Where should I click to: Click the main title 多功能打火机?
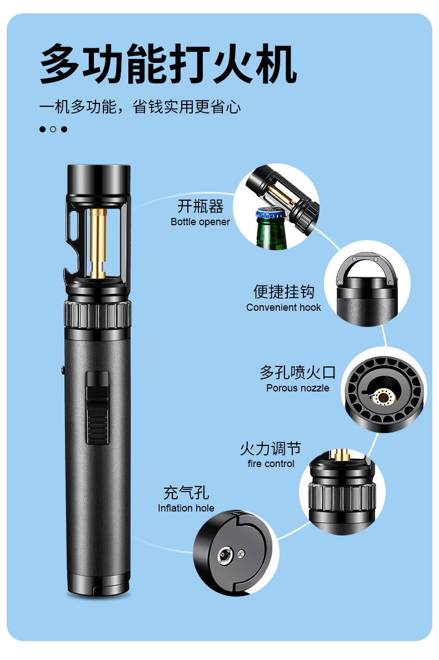(x=168, y=64)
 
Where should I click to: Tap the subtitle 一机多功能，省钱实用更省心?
(x=140, y=107)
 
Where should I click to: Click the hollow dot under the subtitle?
(x=53, y=129)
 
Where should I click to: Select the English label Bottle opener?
(x=200, y=222)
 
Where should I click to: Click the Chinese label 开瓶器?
(x=201, y=206)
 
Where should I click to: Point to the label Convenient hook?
(x=283, y=307)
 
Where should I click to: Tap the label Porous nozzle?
(x=298, y=388)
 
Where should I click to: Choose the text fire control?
(x=271, y=464)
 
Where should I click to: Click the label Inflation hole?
(x=186, y=508)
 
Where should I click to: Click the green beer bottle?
(x=271, y=230)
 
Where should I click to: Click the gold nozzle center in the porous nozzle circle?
(x=383, y=397)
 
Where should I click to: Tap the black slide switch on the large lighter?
(x=98, y=408)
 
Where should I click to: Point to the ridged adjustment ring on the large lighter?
(x=98, y=314)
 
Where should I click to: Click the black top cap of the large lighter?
(x=99, y=180)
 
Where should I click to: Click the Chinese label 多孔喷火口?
(x=298, y=373)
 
